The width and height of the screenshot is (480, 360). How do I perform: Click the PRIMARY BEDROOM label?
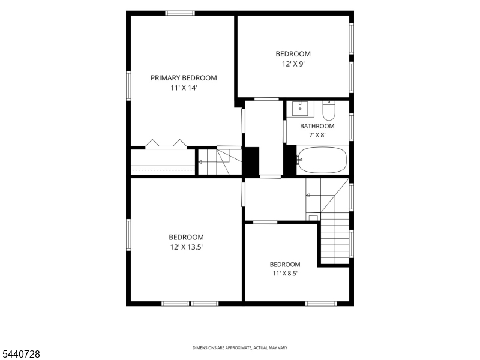184,78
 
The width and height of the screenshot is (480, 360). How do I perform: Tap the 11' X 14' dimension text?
184,88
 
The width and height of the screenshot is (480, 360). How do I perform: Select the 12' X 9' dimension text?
293,64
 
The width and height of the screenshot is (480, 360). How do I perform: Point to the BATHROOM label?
317,126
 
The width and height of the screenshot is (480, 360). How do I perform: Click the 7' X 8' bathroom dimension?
317,135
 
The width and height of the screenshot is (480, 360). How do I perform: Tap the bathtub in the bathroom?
322,160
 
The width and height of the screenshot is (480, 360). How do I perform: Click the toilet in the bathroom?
329,110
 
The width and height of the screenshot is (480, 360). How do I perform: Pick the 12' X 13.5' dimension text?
187,247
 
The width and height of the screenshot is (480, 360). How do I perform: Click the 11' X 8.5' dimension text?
285,274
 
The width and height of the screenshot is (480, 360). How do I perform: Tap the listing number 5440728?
20,354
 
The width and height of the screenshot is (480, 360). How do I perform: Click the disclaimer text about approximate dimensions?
240,348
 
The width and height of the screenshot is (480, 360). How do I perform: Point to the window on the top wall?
180,13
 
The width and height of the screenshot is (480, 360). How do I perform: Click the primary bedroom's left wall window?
128,86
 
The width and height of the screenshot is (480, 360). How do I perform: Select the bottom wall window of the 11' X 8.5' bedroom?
321,304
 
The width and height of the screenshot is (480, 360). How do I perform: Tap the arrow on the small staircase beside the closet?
200,162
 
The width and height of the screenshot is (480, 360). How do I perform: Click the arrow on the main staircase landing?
308,196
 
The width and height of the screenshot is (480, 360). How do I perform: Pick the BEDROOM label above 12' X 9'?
293,54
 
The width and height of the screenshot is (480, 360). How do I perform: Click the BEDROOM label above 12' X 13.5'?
187,237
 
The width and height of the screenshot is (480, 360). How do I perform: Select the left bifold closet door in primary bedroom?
152,143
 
